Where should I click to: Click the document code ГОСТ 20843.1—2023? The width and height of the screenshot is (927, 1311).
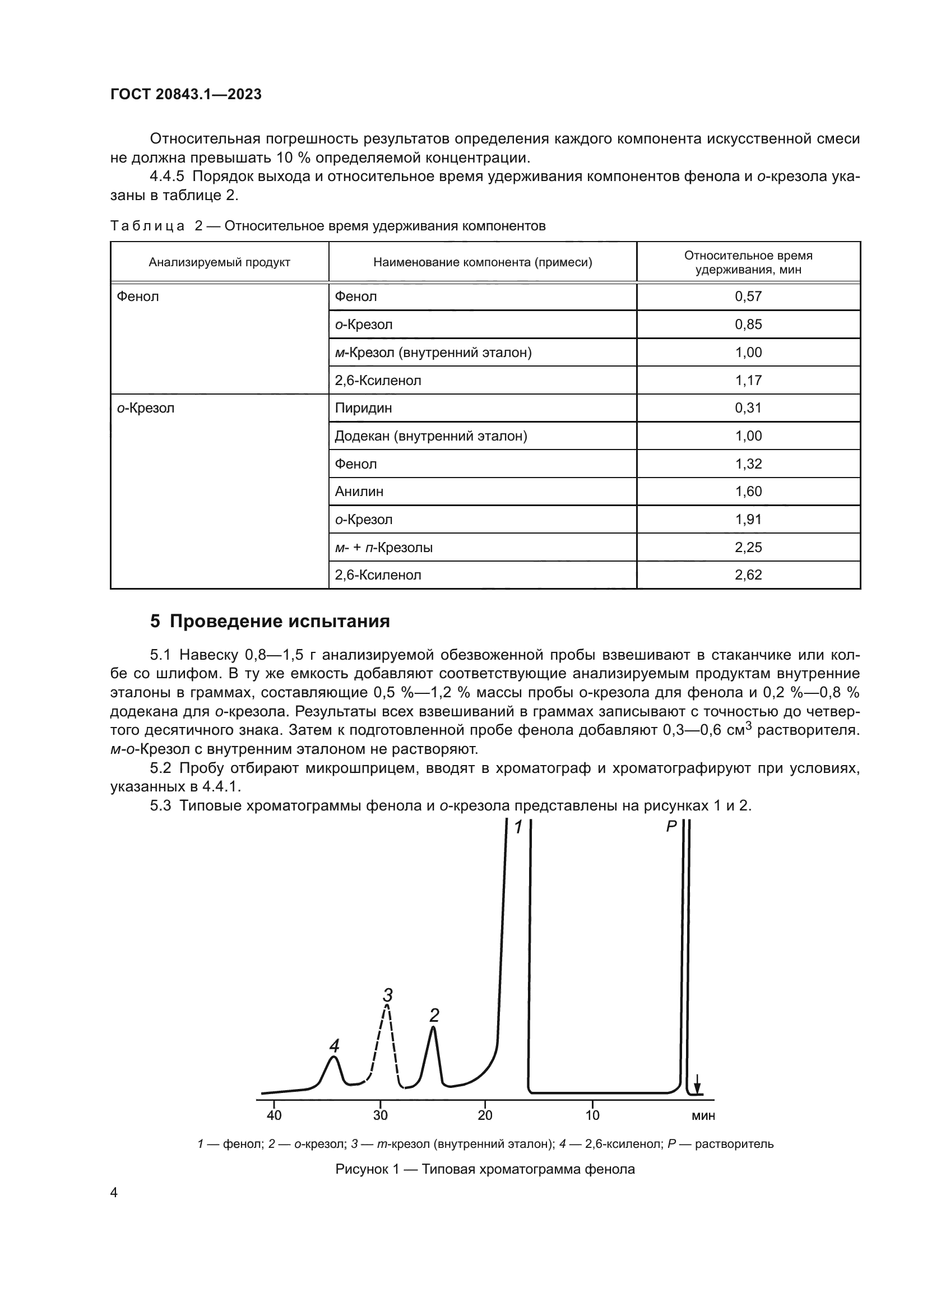(186, 94)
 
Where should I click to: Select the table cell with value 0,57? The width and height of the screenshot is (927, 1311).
(748, 297)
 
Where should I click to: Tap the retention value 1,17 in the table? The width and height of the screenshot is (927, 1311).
(748, 380)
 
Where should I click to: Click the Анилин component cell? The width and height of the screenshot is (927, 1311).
(359, 492)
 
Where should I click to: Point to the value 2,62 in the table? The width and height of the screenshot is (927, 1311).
(748, 575)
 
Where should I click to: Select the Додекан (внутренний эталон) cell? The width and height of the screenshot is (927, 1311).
(430, 436)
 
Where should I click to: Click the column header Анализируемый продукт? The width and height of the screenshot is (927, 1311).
(219, 263)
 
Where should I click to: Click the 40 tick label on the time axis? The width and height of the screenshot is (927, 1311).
(274, 1115)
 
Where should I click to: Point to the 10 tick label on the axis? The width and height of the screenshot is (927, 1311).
(592, 1115)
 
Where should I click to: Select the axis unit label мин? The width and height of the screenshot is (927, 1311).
(703, 1116)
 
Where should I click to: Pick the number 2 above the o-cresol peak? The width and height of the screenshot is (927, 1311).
(434, 1015)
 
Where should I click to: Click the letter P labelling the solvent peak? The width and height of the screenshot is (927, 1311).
(671, 826)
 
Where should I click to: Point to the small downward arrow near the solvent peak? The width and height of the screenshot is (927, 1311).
(697, 1082)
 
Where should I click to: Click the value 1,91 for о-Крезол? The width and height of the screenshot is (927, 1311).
(748, 520)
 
